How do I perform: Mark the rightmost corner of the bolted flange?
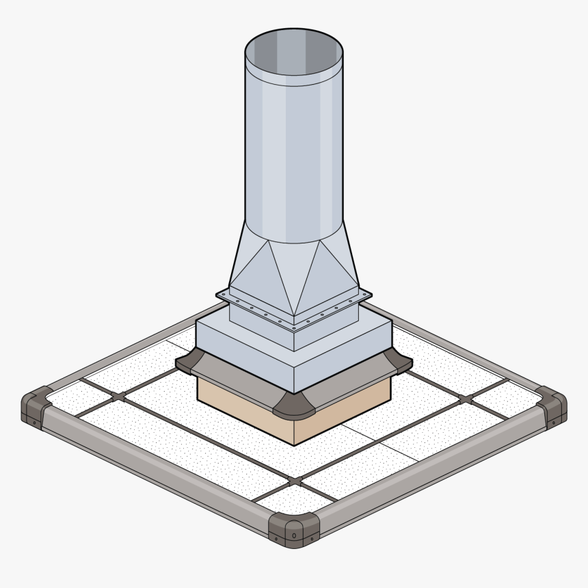tap(371, 295)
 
